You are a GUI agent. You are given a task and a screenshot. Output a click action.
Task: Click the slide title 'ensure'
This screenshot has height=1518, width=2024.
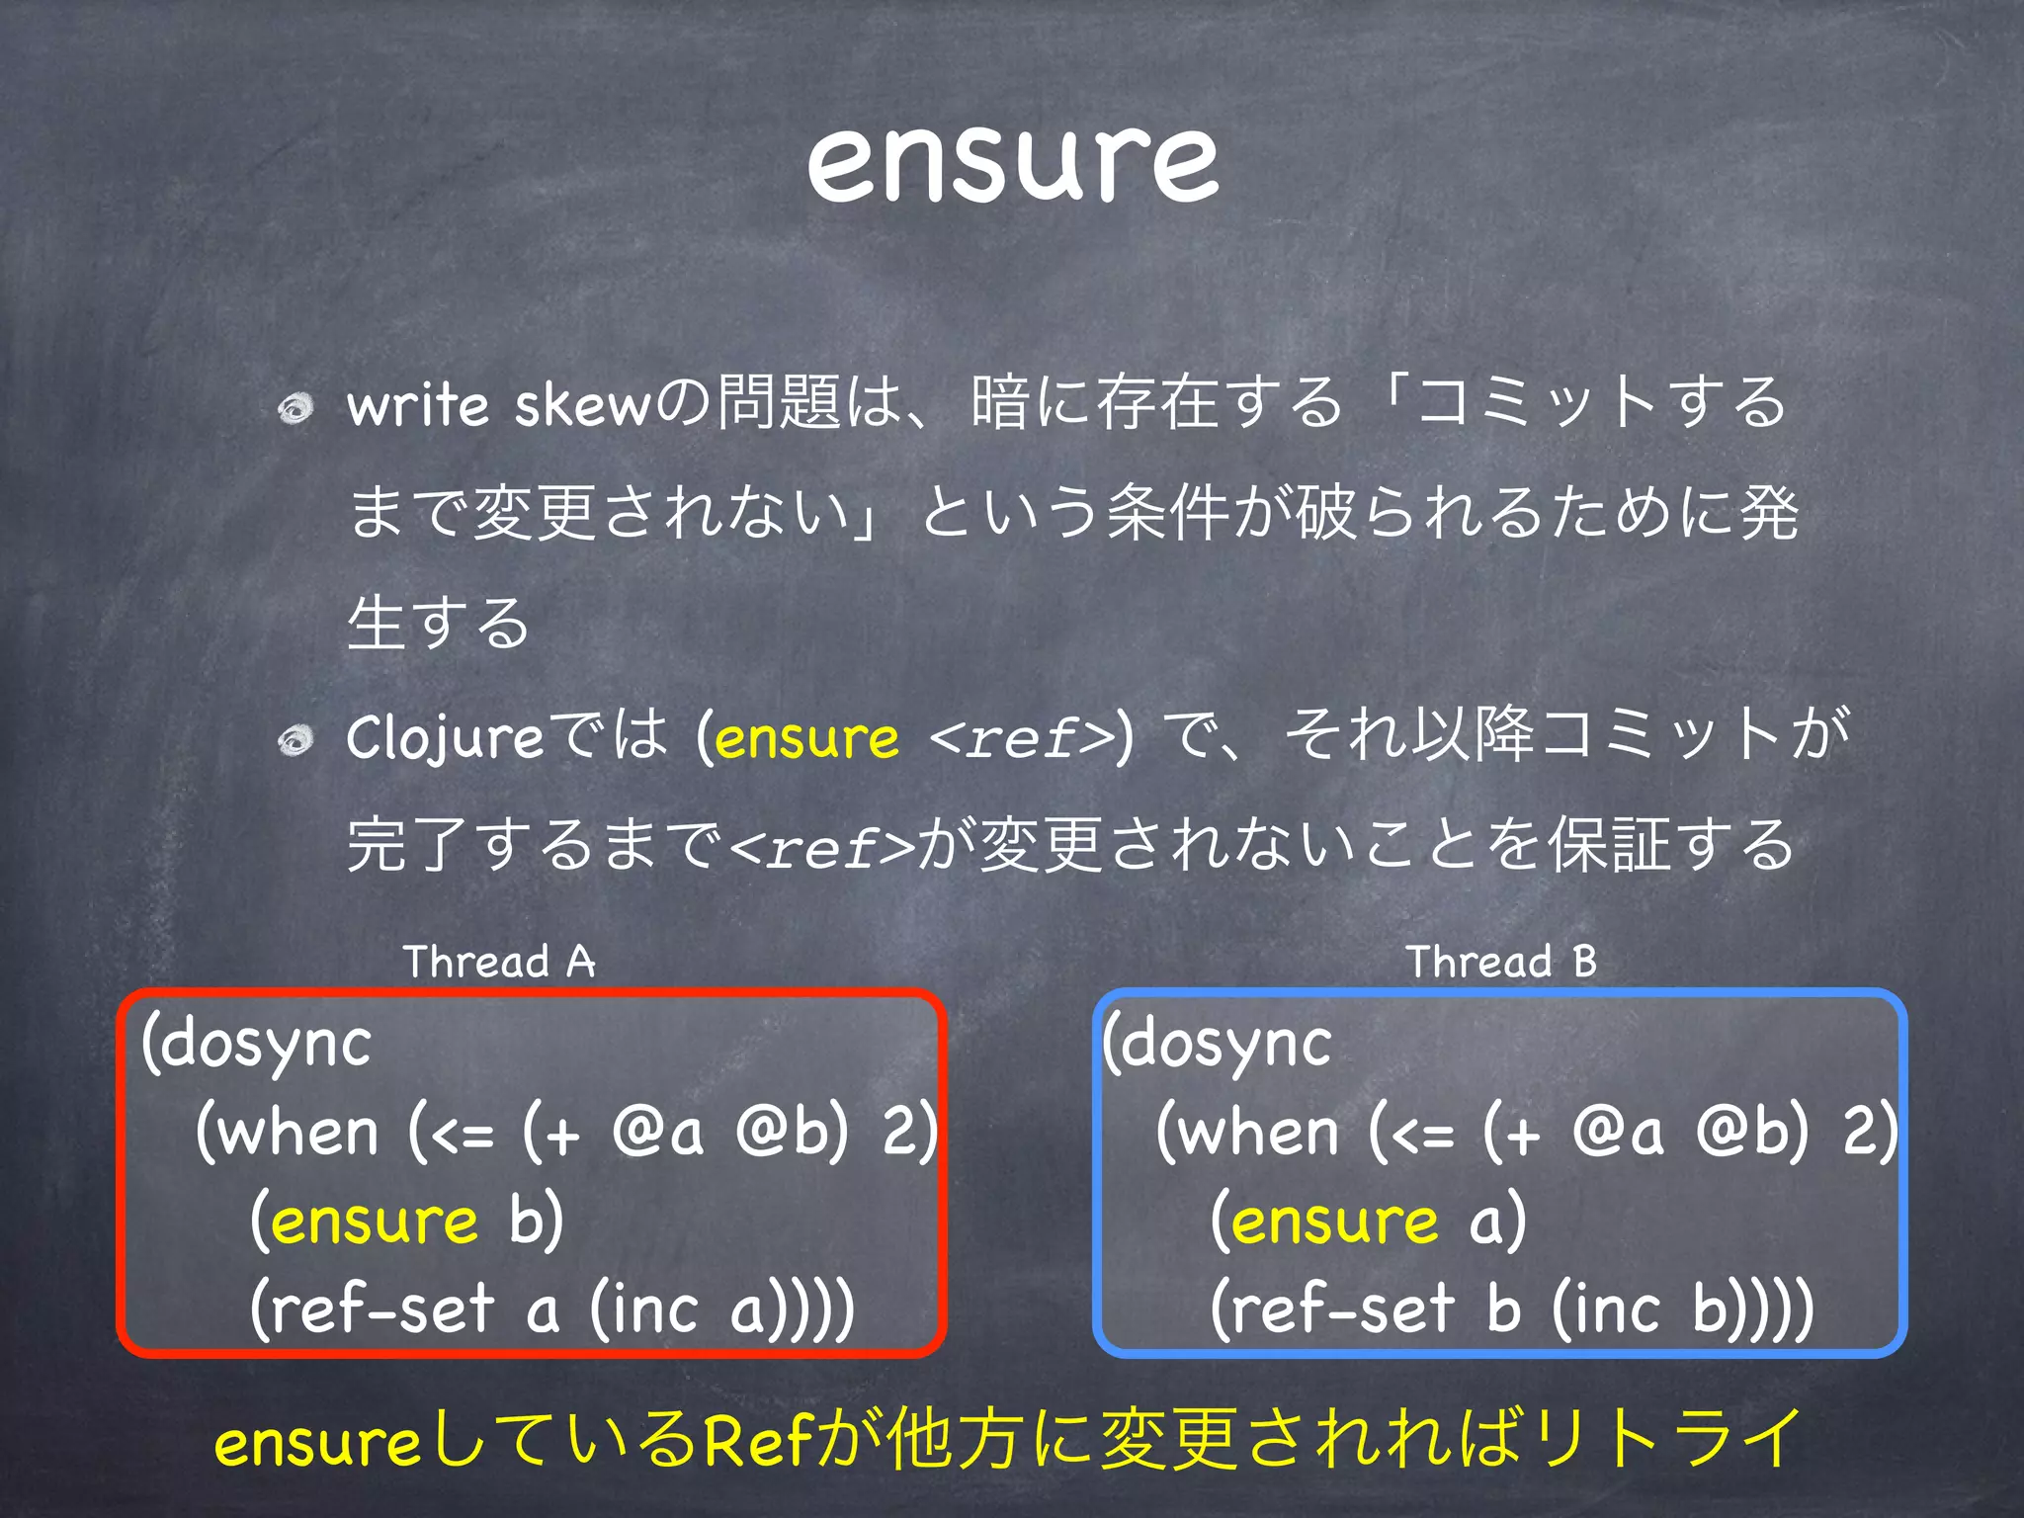1012,163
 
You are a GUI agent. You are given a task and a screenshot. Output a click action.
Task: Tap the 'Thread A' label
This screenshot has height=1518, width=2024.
499,961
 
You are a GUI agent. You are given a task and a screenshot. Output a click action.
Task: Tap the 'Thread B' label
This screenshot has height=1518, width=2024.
1501,961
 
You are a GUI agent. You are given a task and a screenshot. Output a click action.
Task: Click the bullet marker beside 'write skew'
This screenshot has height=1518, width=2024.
295,407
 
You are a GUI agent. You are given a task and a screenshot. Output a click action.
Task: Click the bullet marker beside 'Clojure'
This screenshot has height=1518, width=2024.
295,739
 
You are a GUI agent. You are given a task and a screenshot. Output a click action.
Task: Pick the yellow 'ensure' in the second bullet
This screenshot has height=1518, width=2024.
806,737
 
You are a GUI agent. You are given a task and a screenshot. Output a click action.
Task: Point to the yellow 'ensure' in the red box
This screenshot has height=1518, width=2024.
374,1222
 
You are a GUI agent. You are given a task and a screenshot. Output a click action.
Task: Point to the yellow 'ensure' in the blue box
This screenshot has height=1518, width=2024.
1334,1222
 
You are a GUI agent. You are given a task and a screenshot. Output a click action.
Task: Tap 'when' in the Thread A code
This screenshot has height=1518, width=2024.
297,1133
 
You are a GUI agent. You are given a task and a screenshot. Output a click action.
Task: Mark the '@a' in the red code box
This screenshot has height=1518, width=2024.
657,1133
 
